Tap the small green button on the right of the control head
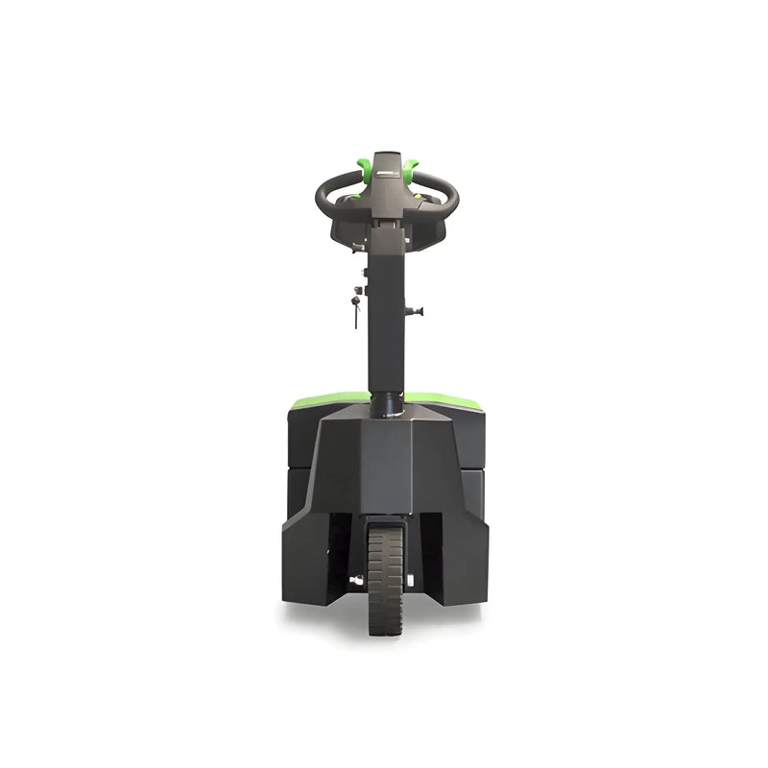coord(420,195)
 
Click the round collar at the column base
coord(386,405)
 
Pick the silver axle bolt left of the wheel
coord(356,579)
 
